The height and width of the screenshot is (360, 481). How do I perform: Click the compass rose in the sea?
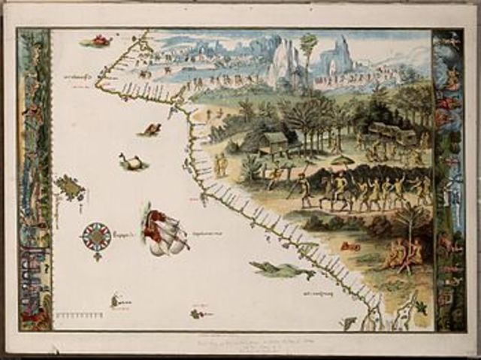[96, 238]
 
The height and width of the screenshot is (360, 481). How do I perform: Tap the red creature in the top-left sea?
[98, 41]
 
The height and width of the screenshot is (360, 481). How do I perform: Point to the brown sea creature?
[150, 131]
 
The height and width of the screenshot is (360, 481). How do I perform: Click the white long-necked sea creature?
[131, 162]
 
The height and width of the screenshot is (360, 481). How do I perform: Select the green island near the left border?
[70, 187]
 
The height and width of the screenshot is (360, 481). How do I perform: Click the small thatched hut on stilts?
[274, 141]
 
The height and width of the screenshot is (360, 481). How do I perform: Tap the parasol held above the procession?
[340, 160]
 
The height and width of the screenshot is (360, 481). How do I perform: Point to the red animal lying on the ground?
[348, 247]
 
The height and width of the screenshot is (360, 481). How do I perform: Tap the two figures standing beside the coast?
[221, 165]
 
